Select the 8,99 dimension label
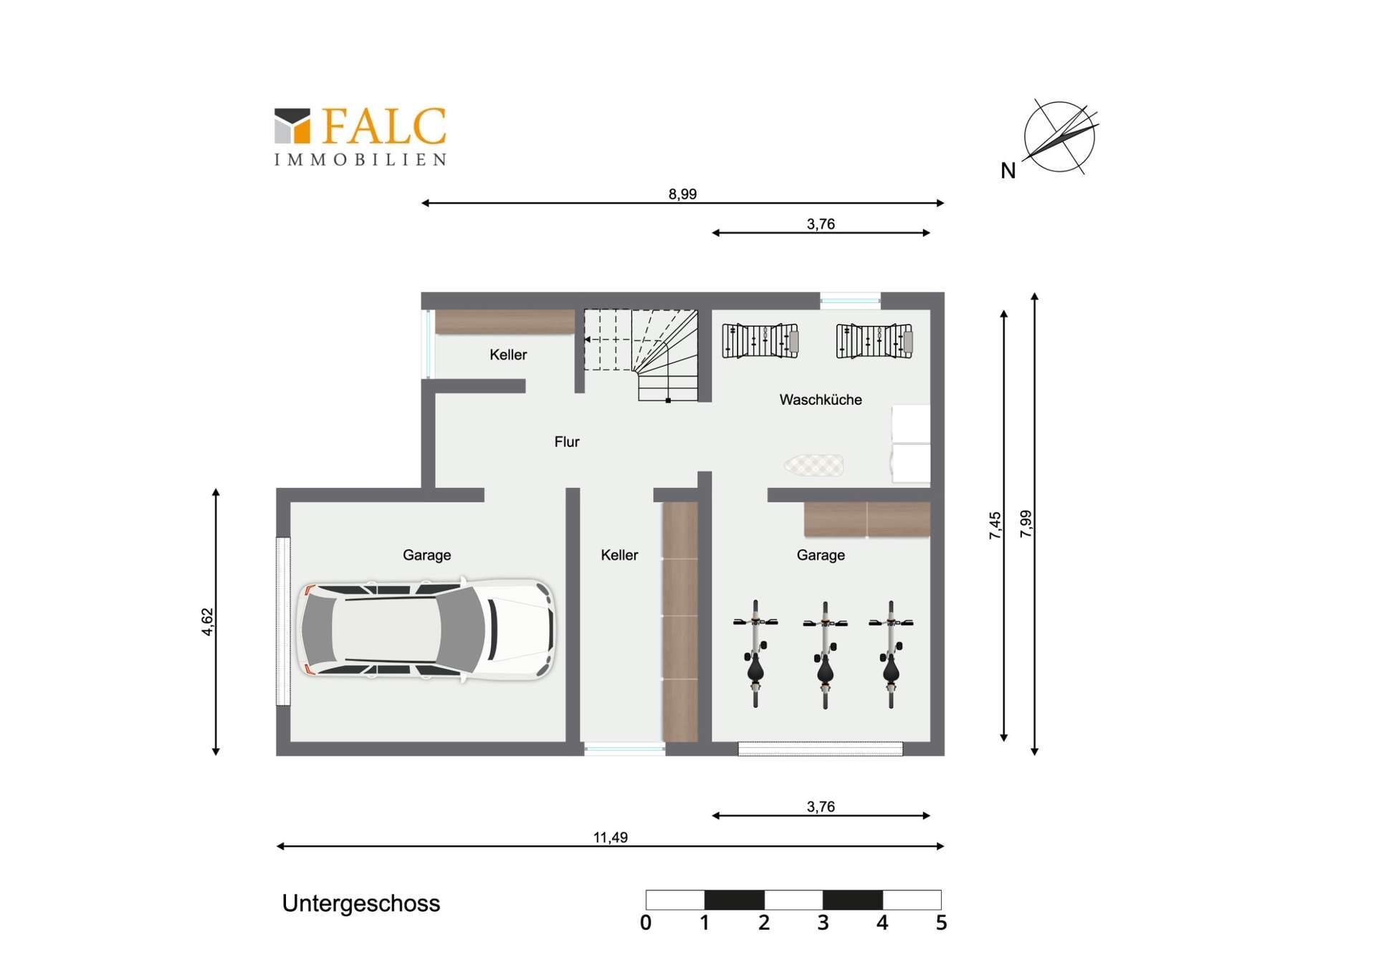point(682,194)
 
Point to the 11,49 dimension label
point(611,837)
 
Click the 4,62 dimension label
point(207,622)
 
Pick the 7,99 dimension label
point(1026,524)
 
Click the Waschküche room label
point(821,400)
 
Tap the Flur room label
point(567,442)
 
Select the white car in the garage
point(426,630)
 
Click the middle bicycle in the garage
point(825,655)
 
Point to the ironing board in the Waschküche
point(813,466)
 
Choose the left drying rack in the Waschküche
point(760,340)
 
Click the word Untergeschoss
point(361,903)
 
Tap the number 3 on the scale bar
point(823,923)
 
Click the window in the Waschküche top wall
point(850,300)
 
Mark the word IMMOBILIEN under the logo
point(360,159)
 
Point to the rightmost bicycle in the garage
point(891,655)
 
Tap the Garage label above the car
point(426,555)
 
